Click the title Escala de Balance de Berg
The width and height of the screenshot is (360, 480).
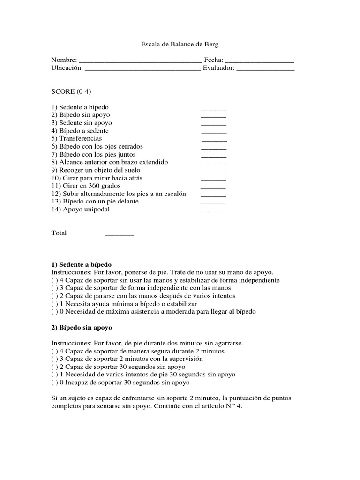pyautogui.click(x=180, y=44)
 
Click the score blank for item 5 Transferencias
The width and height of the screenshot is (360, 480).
pyautogui.click(x=214, y=140)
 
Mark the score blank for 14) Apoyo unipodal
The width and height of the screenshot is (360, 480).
pyautogui.click(x=213, y=210)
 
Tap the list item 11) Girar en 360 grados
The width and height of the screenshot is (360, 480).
pyautogui.click(x=86, y=186)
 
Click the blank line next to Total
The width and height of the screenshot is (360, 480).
pyautogui.click(x=119, y=234)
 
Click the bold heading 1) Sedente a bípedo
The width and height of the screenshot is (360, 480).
pyautogui.click(x=82, y=264)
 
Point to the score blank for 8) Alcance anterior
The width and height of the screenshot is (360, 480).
pyautogui.click(x=213, y=163)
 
